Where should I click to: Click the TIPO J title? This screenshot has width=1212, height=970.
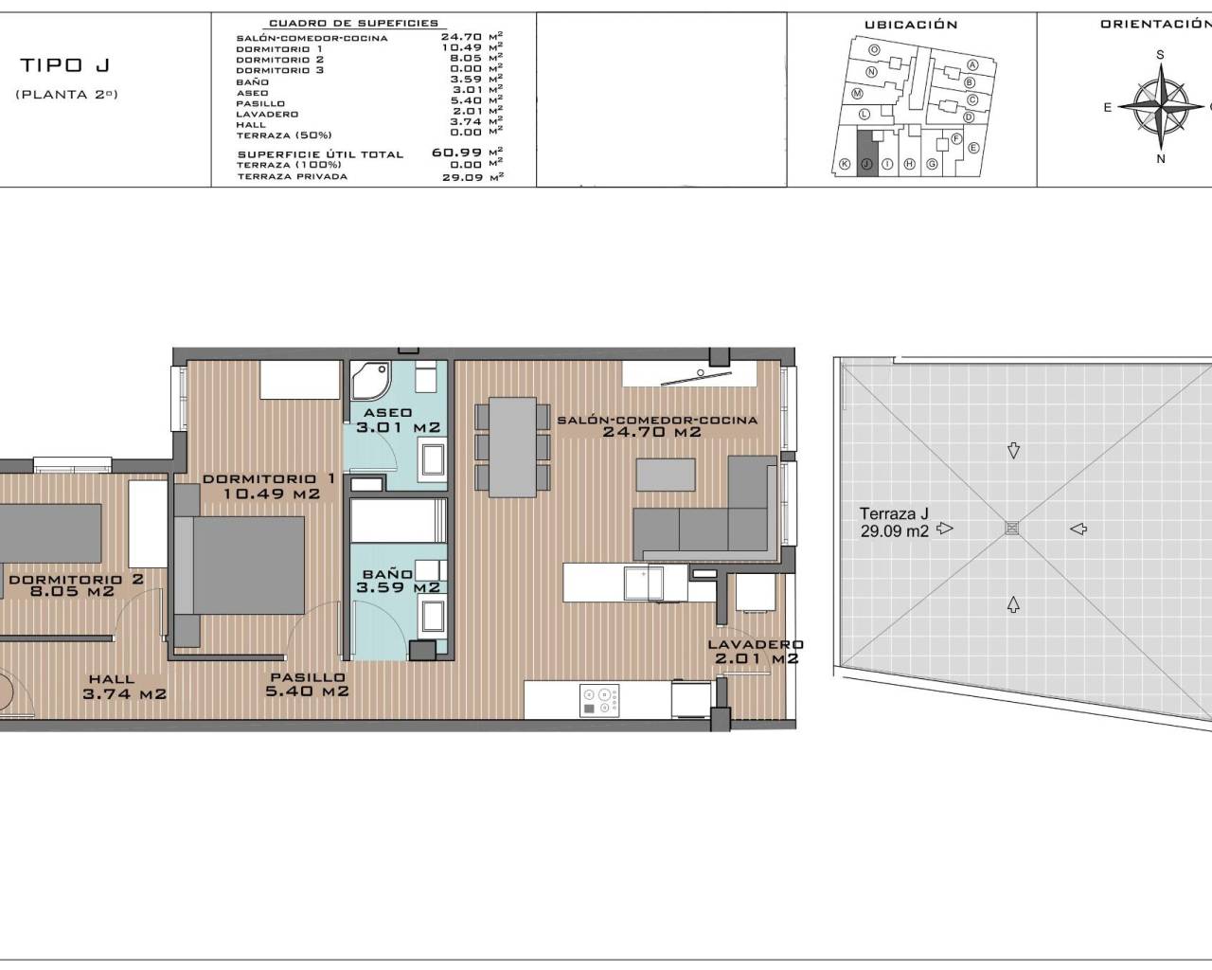point(64,65)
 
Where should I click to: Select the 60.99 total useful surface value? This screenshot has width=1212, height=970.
point(456,153)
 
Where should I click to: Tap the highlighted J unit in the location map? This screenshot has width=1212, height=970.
point(866,153)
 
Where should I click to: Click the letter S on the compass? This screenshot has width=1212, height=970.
point(1160,55)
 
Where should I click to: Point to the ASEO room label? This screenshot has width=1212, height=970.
point(387,413)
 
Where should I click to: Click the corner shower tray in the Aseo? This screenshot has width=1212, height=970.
point(370,380)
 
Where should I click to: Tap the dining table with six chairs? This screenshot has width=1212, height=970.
point(512,447)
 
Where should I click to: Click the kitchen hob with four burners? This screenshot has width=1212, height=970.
point(599,701)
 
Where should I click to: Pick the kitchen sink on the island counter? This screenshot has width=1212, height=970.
point(644,584)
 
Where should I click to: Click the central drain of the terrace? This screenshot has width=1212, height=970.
point(1012,529)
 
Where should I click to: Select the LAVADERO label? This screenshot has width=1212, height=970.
point(756,644)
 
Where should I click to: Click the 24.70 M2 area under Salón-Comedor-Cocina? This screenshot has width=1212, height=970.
point(651,432)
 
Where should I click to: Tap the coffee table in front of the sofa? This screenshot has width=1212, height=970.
point(666,475)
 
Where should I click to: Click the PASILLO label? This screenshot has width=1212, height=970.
point(308,677)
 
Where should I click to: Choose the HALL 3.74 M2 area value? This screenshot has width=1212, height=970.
point(124,693)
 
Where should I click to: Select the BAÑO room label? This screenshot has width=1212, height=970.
point(387,574)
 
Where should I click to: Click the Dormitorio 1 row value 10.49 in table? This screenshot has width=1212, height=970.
point(461,47)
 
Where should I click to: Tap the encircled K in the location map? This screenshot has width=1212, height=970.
point(845,164)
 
